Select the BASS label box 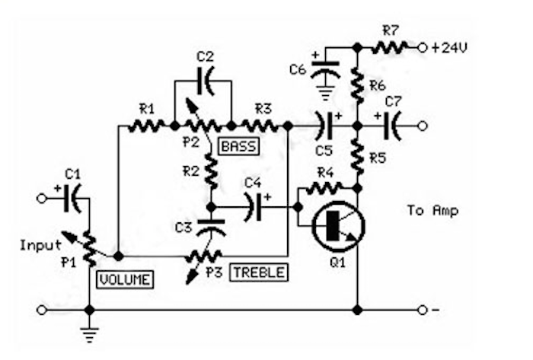(238, 145)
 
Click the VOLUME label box (124, 279)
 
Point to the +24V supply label (449, 46)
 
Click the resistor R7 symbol (390, 47)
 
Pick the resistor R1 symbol (146, 126)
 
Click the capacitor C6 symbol (326, 70)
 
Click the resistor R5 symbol (357, 158)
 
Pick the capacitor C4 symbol (255, 206)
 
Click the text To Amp (432, 210)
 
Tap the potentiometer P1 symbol (90, 246)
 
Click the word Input (40, 245)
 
